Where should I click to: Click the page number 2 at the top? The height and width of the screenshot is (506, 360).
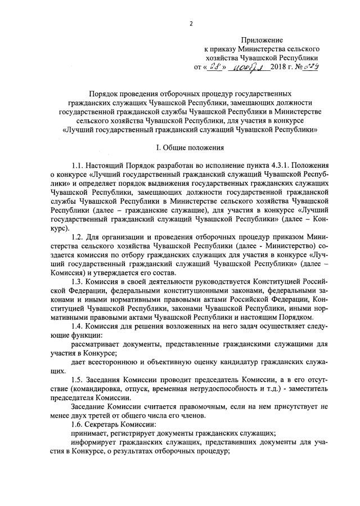pyautogui.click(x=191, y=24)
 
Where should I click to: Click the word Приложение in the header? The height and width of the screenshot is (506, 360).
pyautogui.click(x=263, y=41)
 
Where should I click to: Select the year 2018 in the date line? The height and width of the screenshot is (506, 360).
pyautogui.click(x=279, y=67)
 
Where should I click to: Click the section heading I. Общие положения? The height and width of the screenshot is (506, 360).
pyautogui.click(x=190, y=147)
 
